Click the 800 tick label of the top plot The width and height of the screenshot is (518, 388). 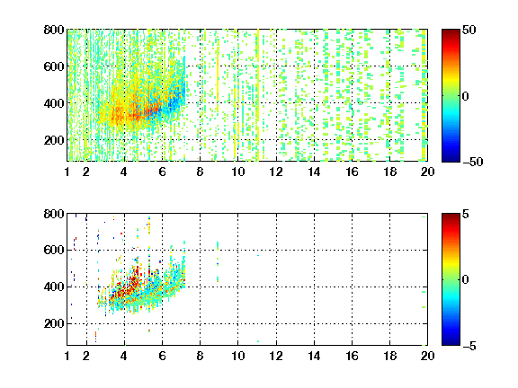[x=54, y=30]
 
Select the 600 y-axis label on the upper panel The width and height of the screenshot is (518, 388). [x=54, y=66]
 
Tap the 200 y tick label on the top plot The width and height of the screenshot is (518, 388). [x=54, y=140]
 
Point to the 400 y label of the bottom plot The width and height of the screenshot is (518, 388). [x=54, y=287]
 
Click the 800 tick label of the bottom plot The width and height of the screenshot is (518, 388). [x=54, y=214]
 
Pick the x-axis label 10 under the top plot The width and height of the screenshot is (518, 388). [x=237, y=172]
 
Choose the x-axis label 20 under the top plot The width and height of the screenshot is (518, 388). [x=427, y=172]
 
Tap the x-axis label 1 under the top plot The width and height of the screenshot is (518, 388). [x=67, y=172]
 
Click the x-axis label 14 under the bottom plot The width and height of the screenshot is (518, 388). [x=314, y=356]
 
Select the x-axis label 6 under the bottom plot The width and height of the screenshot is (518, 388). [x=162, y=356]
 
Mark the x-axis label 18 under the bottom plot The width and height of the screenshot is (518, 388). [x=389, y=356]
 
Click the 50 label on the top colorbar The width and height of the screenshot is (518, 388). [x=469, y=30]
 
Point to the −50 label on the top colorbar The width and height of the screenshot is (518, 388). [x=472, y=162]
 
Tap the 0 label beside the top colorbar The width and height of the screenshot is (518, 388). [x=465, y=96]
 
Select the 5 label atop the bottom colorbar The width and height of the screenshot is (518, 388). [x=465, y=214]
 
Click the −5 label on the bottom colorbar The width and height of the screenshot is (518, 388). [x=469, y=346]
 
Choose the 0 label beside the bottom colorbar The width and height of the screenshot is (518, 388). [x=465, y=280]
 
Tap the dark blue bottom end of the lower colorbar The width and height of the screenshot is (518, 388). [x=451, y=343]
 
